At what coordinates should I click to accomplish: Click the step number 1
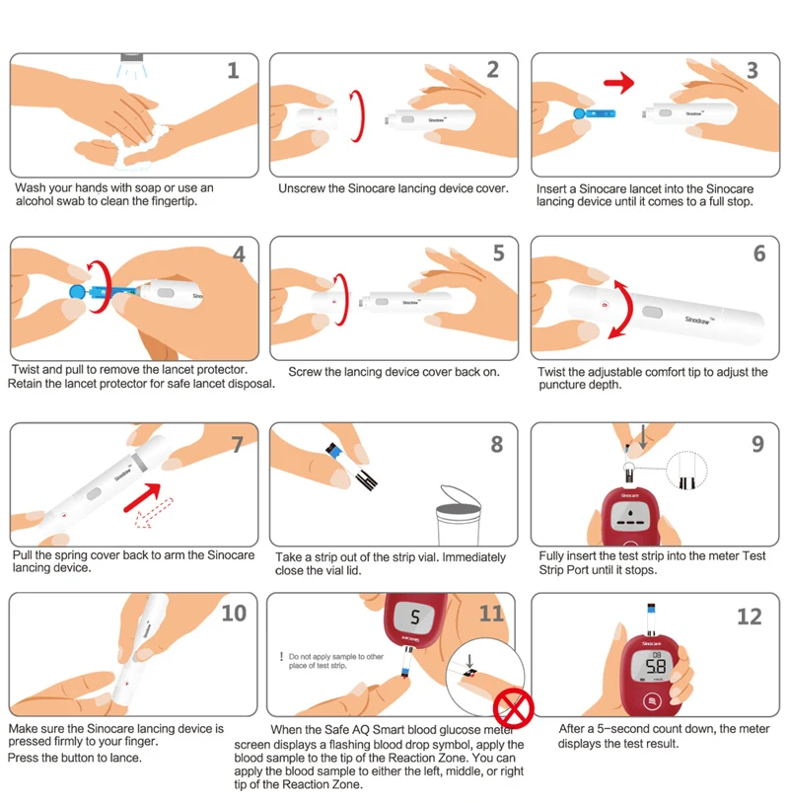click(233, 70)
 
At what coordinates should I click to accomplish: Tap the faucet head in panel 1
click(131, 57)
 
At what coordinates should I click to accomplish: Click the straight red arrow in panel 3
click(619, 83)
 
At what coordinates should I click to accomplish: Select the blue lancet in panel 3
click(594, 113)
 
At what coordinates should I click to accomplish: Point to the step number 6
click(759, 253)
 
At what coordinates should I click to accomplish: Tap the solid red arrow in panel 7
click(143, 498)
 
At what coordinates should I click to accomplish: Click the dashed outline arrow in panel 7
click(154, 513)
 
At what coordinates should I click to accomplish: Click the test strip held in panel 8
click(351, 466)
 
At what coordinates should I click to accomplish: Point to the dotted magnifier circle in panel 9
click(686, 471)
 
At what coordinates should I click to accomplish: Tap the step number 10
click(234, 613)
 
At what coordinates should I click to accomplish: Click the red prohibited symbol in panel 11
click(514, 708)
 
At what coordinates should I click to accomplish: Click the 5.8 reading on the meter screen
click(656, 666)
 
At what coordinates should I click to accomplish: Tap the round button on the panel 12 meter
click(652, 701)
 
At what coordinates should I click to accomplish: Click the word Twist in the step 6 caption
click(552, 372)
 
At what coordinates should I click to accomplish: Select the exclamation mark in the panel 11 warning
click(281, 657)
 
